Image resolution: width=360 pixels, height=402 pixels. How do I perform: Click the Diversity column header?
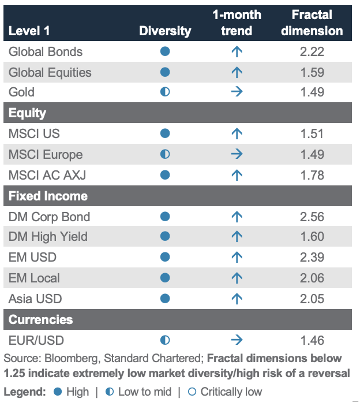coord(165,31)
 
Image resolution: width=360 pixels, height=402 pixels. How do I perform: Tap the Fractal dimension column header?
coord(312,23)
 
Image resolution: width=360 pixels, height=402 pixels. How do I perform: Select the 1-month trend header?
coord(237,23)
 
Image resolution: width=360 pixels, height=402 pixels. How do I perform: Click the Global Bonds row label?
coord(46,52)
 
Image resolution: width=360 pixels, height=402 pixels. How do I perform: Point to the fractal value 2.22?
coord(312,52)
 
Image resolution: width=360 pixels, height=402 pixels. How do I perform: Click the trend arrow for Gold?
coord(237,92)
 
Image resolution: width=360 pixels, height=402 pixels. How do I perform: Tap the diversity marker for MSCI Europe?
coord(165,154)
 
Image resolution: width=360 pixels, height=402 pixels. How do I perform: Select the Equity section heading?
coord(27,113)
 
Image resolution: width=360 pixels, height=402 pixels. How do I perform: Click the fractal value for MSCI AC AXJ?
coord(312,176)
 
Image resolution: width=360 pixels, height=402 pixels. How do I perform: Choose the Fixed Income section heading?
coord(48,196)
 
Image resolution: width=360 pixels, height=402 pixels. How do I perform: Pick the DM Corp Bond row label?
coord(49,217)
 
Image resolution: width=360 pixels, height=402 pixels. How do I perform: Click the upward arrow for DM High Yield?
coord(237,236)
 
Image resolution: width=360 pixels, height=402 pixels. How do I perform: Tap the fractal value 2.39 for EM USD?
coord(312,258)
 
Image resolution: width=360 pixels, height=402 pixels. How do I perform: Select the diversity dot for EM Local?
coord(165,278)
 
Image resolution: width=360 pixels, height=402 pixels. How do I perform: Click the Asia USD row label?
coord(35,299)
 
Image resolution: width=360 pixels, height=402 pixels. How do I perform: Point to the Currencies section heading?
coord(41,320)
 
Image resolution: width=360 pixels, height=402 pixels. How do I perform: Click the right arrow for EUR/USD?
coord(237,340)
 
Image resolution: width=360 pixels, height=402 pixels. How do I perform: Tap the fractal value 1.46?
coord(312,340)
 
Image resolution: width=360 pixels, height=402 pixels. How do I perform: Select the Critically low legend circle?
coord(192,392)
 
